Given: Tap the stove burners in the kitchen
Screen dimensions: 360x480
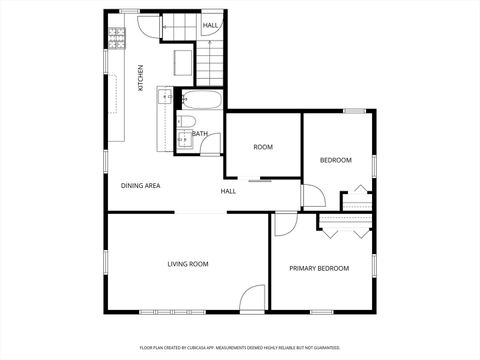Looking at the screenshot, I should (117, 37).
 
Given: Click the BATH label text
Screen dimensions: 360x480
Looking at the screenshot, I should (200, 134).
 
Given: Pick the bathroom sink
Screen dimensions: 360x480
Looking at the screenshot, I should (185, 140).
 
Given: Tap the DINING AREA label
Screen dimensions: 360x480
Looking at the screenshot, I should (141, 185).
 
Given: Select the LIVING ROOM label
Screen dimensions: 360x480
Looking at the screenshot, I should (188, 264).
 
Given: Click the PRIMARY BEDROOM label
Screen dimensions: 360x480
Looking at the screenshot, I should (319, 268).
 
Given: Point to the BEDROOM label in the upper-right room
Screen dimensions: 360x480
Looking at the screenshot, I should (336, 160).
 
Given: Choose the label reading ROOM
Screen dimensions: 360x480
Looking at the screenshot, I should (263, 147).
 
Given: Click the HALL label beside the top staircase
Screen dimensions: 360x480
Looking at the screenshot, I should (211, 25).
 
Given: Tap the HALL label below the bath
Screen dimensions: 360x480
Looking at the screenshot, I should (228, 190).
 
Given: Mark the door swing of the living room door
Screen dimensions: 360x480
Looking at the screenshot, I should (252, 298).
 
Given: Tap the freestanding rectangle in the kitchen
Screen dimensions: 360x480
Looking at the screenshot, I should (182, 64).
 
